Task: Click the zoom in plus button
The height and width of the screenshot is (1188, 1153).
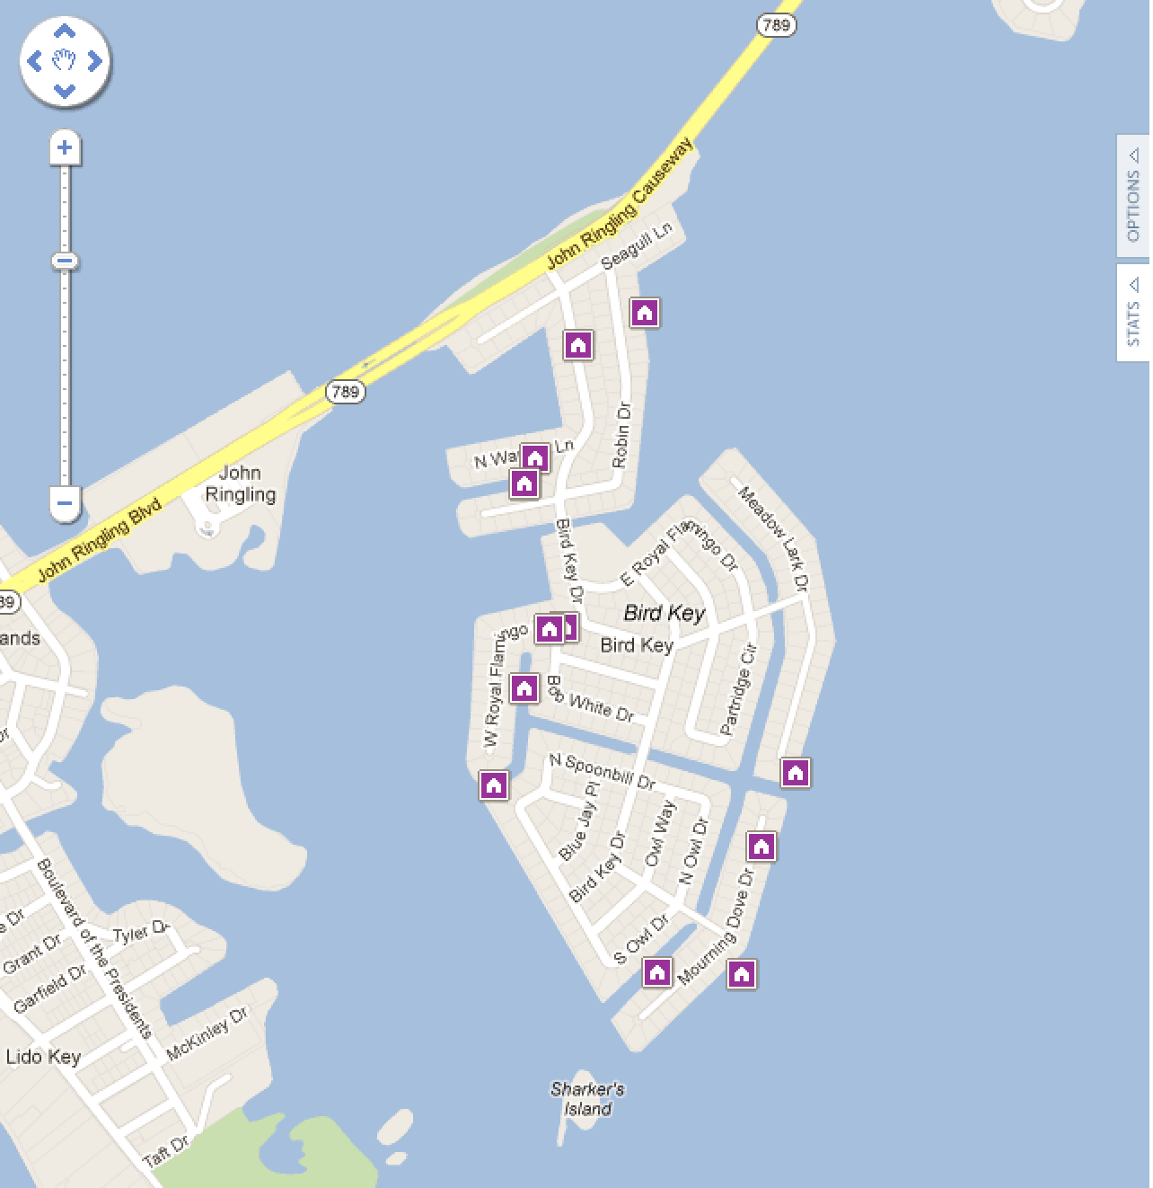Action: [64, 147]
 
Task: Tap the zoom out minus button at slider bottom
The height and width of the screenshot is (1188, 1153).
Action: [64, 503]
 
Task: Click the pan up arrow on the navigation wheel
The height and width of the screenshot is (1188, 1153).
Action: [64, 31]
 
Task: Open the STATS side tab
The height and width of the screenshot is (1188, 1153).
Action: [1133, 312]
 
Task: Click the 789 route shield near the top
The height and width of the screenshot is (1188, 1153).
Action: [775, 24]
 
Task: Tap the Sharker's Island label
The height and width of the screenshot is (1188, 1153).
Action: [587, 1099]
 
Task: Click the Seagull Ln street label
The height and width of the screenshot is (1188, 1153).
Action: [636, 246]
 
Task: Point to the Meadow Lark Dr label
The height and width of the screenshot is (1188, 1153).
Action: [773, 538]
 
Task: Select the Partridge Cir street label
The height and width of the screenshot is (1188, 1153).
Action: [739, 689]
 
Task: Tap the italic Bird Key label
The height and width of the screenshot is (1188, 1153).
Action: [665, 613]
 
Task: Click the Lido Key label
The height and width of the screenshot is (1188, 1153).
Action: [43, 1057]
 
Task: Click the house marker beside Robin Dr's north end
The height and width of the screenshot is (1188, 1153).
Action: [644, 312]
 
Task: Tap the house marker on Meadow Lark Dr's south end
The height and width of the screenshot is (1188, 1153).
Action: [795, 772]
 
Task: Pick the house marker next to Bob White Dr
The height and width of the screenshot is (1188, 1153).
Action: [524, 688]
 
